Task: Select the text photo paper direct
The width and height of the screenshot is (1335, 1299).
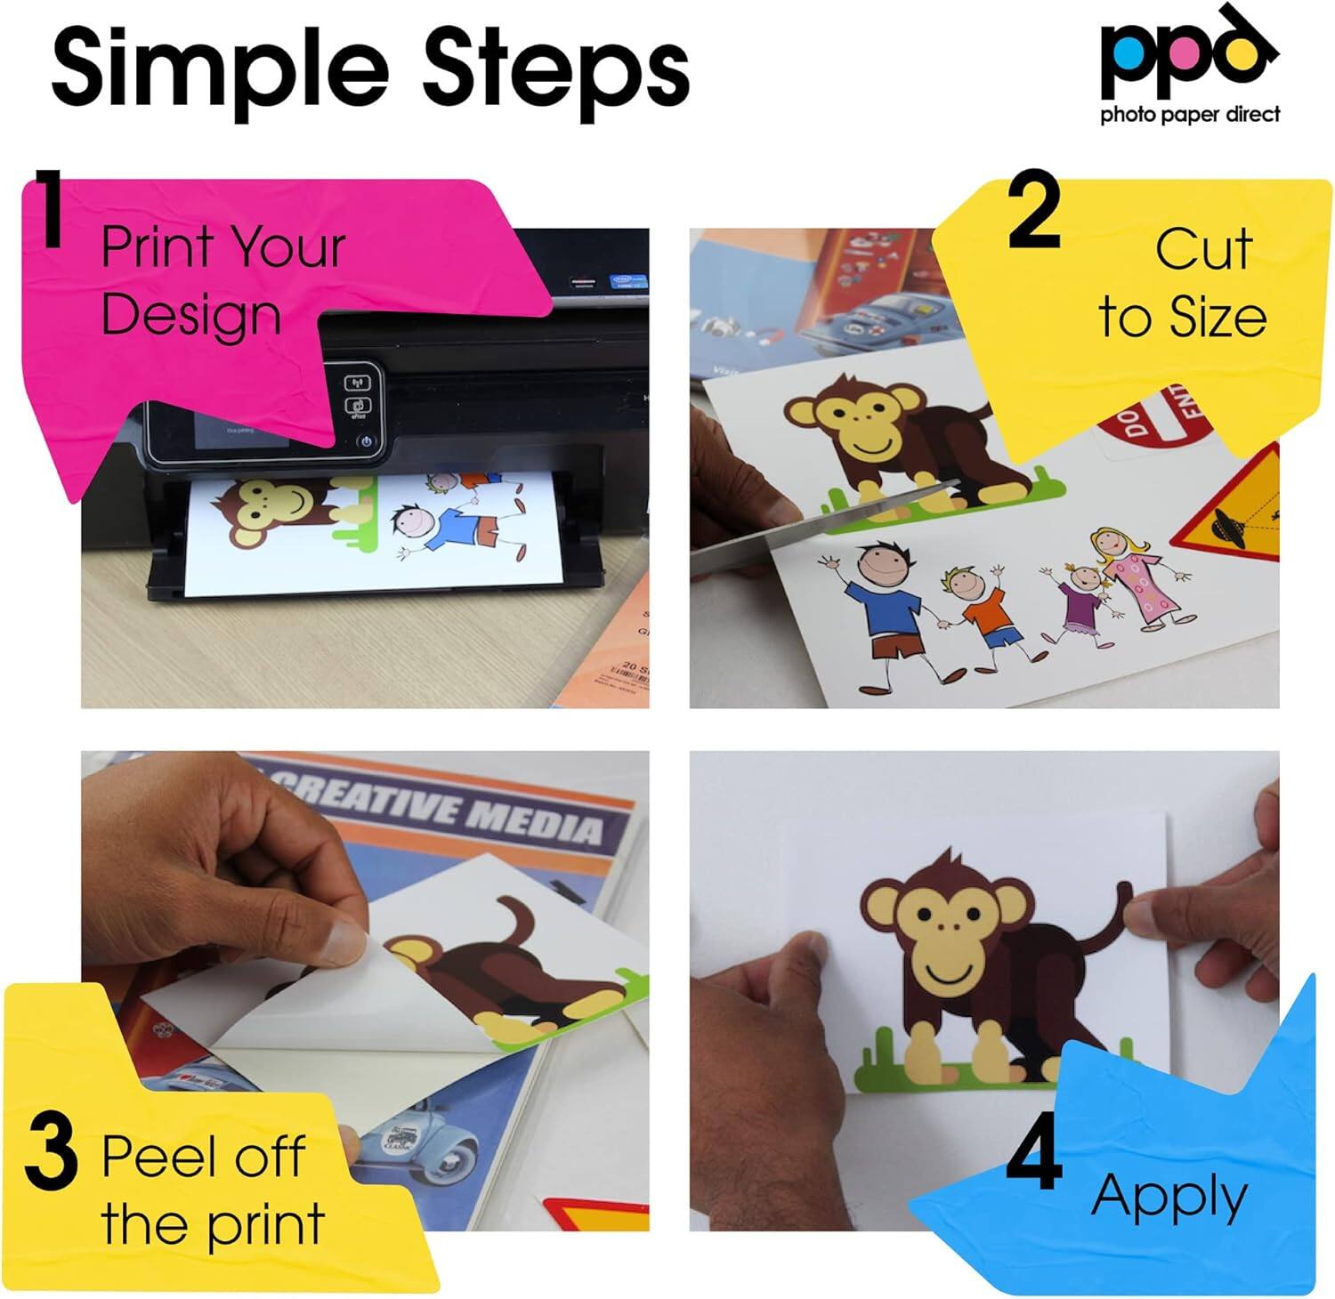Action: coord(1190,114)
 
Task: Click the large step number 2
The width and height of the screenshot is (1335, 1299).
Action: coord(1035,212)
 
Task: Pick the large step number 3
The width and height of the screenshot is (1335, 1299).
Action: coord(51,1153)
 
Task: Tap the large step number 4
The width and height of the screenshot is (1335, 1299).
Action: coord(1035,1153)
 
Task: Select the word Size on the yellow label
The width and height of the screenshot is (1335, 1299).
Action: coord(1218,317)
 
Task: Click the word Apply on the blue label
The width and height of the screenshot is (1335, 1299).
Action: coord(1169,1198)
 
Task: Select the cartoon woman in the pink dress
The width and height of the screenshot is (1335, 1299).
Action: coord(1135,578)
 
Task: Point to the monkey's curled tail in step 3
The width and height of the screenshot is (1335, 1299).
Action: coord(516,925)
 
